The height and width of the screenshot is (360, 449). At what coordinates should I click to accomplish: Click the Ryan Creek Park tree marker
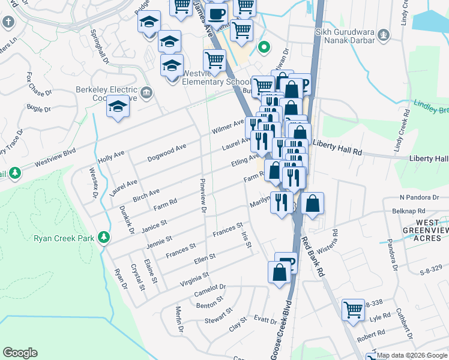click(x=104, y=238)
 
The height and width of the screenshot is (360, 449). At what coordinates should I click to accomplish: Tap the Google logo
click(x=20, y=353)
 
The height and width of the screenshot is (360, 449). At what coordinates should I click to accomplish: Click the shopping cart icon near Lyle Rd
click(x=353, y=310)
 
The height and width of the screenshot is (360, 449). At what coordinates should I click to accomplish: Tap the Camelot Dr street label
click(x=209, y=290)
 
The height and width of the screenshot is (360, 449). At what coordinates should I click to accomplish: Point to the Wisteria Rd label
click(x=331, y=241)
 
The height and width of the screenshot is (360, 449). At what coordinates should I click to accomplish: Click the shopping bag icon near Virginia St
click(x=279, y=273)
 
